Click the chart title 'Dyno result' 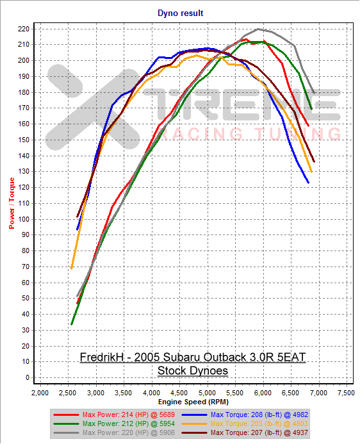(x=180, y=13)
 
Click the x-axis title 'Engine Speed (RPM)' (x=192, y=401)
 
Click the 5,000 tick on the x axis (x=207, y=391)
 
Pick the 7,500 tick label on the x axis (x=346, y=391)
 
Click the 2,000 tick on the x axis (x=40, y=391)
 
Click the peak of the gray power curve (x=258, y=29)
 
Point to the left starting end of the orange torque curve (x=71, y=268)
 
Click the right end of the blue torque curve (x=308, y=183)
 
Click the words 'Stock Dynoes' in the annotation (x=192, y=370)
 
